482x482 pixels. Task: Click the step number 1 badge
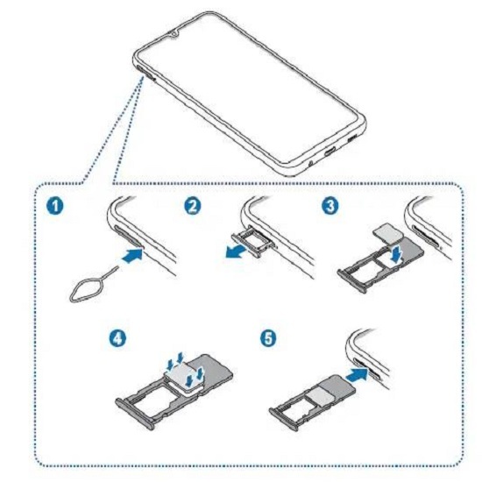click(55, 206)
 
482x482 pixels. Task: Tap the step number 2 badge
click(193, 206)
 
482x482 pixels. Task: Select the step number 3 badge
click(330, 206)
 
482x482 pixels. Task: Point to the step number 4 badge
click(118, 339)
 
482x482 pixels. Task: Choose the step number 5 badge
click(268, 338)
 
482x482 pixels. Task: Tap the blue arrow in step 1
click(132, 256)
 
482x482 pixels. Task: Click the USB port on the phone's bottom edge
click(331, 151)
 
